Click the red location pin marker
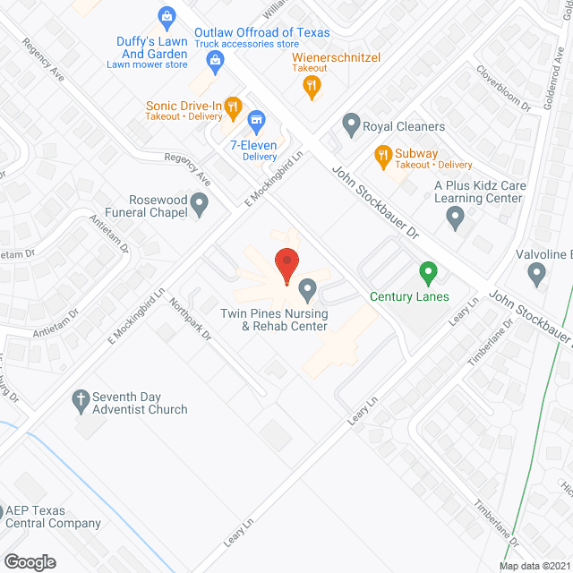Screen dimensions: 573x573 pos(286,266)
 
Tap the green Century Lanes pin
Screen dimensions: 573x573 pos(428,271)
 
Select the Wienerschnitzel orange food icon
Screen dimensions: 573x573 pos(312,86)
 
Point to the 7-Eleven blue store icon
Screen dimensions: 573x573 pos(256,119)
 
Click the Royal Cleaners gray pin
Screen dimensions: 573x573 pos(350,123)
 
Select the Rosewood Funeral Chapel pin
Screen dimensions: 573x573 pos(201,209)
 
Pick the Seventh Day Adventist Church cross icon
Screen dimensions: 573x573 pos(80,398)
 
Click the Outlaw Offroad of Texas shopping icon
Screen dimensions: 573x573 pos(214,61)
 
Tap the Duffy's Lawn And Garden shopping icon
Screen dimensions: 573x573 pos(166,15)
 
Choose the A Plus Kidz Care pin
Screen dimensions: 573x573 pos(456,216)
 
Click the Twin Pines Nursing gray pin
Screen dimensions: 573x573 pos(307,289)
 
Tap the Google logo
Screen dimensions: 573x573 pos(30,561)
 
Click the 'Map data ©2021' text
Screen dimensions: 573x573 pos(533,565)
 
